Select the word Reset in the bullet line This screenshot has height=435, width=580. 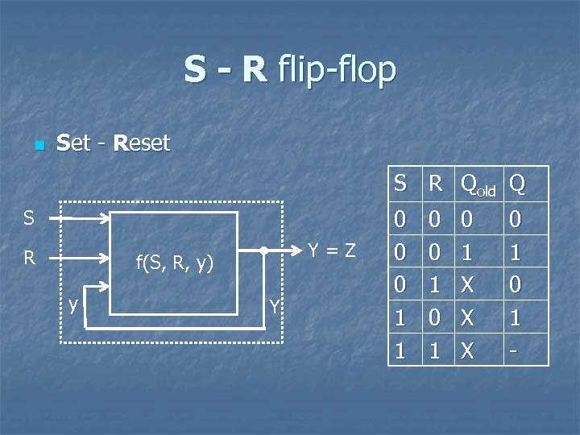coord(142,144)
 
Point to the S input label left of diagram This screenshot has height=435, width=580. coord(29,218)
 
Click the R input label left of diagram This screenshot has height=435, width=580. coord(29,259)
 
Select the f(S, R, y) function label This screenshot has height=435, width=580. coord(174,261)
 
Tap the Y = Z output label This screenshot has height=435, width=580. coord(331,251)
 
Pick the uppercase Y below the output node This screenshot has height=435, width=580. coord(275,306)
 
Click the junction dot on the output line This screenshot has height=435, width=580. coord(264,251)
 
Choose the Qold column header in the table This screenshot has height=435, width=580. coord(479,186)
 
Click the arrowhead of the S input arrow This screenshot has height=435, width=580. coord(106,218)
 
